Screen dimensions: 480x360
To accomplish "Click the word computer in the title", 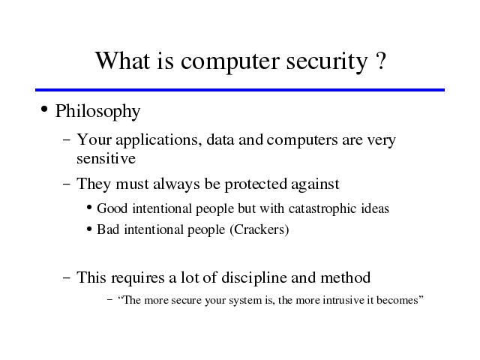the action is (230, 62).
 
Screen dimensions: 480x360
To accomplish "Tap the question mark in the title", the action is (380, 60).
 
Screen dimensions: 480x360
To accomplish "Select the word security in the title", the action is (327, 62).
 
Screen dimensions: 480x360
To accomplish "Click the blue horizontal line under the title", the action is (240, 90).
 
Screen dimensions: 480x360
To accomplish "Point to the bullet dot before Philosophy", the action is (44, 109).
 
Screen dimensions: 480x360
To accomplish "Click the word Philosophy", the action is (97, 112).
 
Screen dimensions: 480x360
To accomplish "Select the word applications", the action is (158, 141).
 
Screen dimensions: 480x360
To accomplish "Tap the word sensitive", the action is (106, 158).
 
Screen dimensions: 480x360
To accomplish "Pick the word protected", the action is (256, 185).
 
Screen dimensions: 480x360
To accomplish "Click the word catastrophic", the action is (322, 209).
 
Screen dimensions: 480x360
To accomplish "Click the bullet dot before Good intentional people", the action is (89, 208).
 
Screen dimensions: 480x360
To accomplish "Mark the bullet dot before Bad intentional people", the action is (89, 229).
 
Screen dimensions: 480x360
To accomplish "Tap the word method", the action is (345, 277).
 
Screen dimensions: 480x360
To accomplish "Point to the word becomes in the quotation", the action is (400, 300).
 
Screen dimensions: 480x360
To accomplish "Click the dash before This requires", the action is (67, 278).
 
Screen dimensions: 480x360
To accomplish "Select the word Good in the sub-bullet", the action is (112, 208).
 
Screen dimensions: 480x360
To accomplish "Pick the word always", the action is (176, 185).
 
